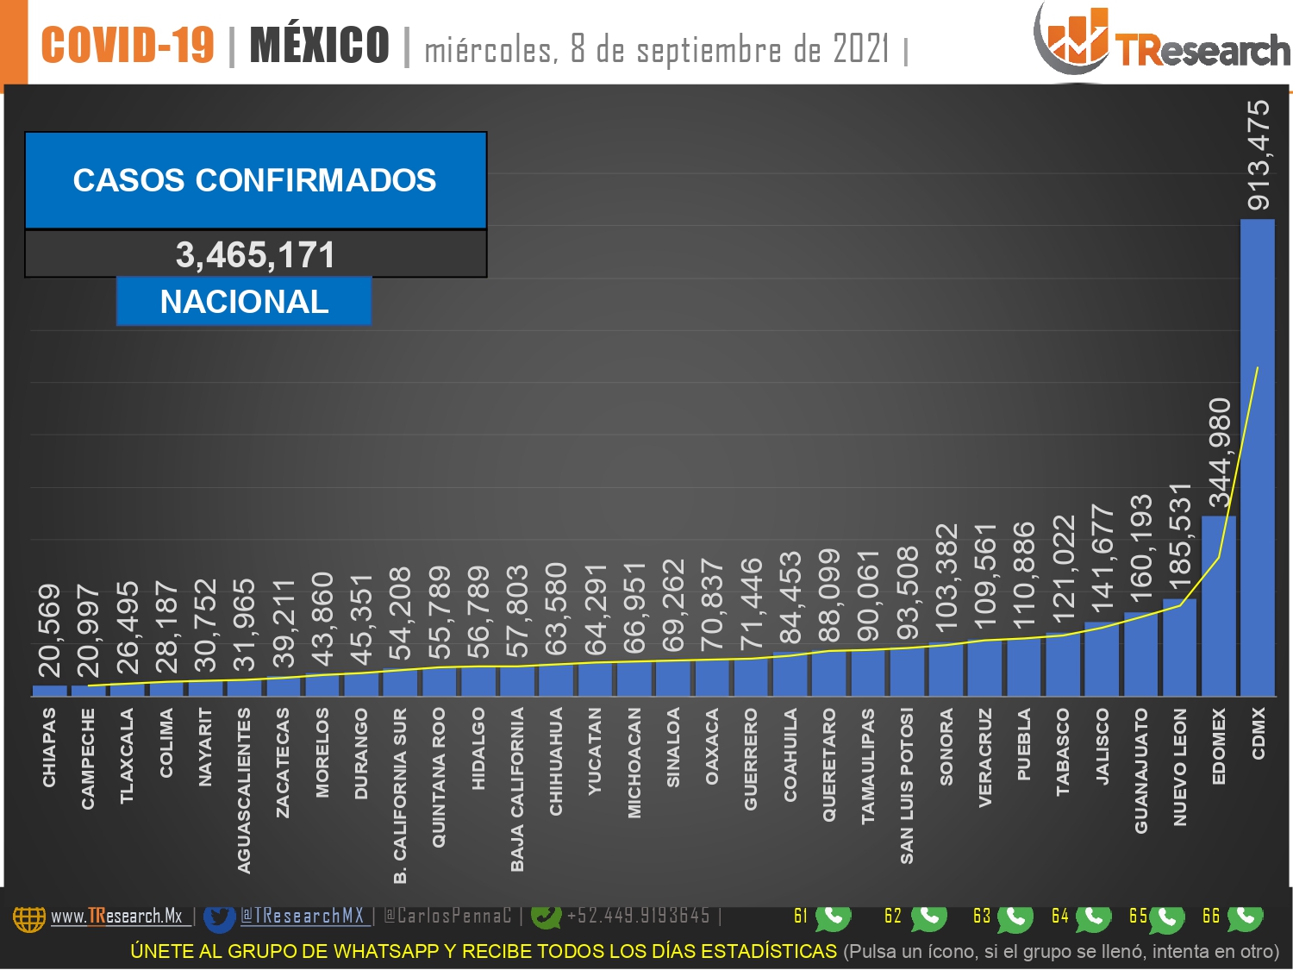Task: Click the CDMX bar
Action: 1257,458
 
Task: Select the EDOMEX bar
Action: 1218,606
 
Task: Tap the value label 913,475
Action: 1259,155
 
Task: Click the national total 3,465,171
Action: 255,255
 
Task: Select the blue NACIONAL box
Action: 244,301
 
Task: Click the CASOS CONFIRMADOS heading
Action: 254,179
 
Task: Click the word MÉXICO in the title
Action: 319,45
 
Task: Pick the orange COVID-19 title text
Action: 128,45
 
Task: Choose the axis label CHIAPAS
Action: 49,748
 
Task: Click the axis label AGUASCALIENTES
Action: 244,791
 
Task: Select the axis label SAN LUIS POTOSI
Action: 907,785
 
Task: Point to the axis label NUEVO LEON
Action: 1180,767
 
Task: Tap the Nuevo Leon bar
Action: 1179,648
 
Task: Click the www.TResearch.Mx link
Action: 116,917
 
